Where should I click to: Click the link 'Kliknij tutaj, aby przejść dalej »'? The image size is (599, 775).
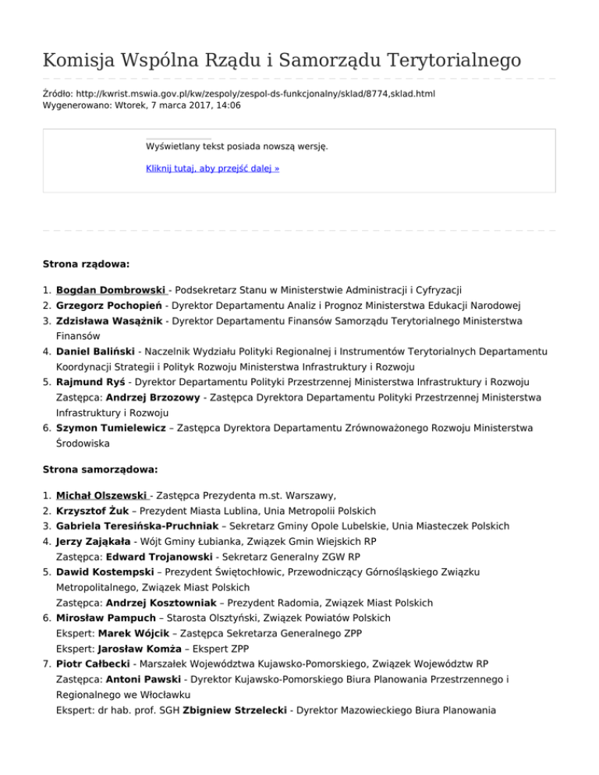(x=213, y=168)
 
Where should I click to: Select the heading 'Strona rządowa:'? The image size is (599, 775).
(x=86, y=264)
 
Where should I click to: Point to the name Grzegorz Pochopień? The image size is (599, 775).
(x=114, y=305)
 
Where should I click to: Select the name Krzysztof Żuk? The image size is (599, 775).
(x=94, y=511)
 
